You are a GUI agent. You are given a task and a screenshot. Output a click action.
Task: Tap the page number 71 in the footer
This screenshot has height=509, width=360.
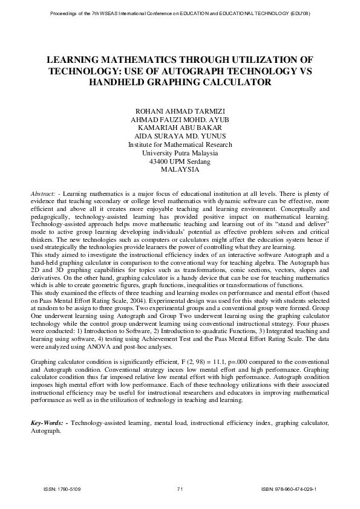pyautogui.click(x=180, y=489)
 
